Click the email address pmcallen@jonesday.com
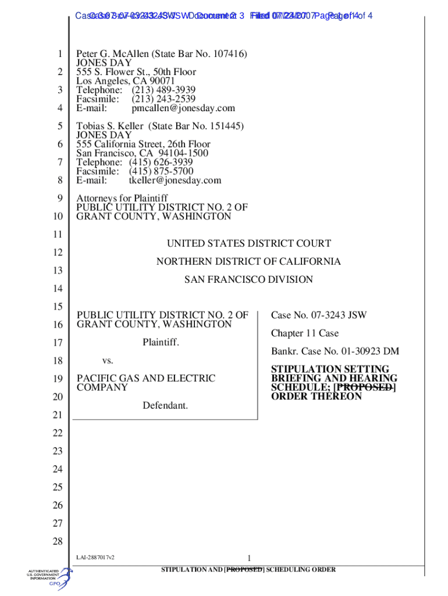[183, 108]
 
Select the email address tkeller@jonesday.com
[175, 180]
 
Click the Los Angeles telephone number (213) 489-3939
[163, 90]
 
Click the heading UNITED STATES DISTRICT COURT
[249, 244]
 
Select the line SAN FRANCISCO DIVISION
[248, 280]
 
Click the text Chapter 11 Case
[305, 334]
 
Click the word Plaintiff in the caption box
[161, 342]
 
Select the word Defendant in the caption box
[165, 405]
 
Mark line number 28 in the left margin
[57, 542]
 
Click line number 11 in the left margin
[57, 235]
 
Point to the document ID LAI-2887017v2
[95, 558]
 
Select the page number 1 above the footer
[248, 558]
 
